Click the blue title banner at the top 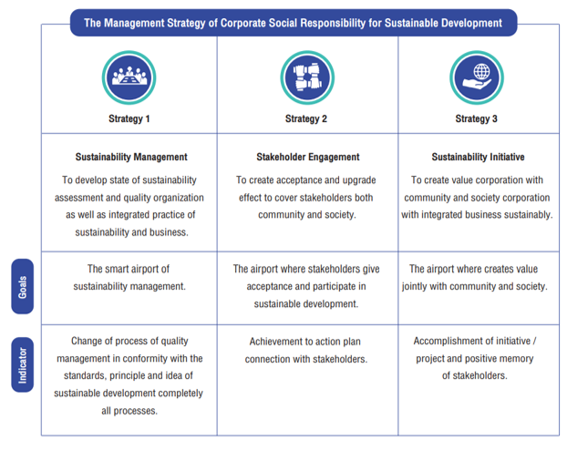click(294, 23)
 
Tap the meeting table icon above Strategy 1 click(129, 77)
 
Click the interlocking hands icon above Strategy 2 click(307, 77)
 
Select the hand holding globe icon click(477, 77)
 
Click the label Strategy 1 click(129, 119)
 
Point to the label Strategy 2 click(306, 119)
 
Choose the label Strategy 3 click(476, 119)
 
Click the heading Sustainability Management click(131, 157)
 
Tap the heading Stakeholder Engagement click(308, 157)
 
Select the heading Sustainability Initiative click(478, 157)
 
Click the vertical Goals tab click(23, 286)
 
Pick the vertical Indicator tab click(23, 364)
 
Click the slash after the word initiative click(535, 341)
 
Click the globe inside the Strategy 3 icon click(481, 71)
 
